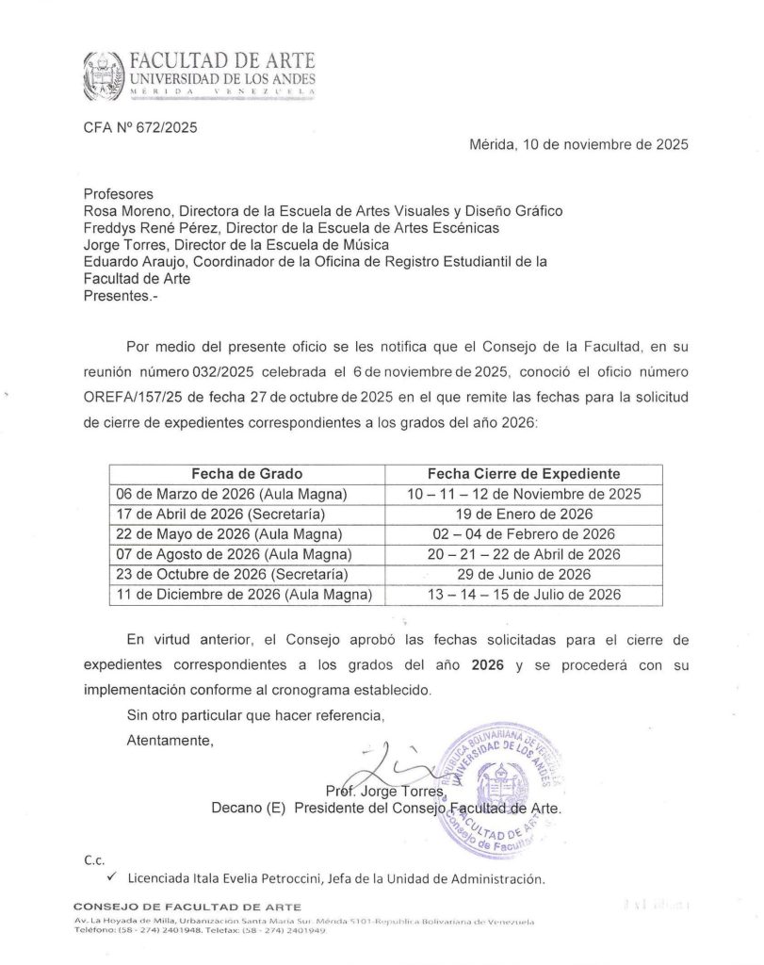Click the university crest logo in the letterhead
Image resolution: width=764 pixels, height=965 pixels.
click(x=105, y=75)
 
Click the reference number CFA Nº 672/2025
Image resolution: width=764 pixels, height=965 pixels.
click(x=141, y=127)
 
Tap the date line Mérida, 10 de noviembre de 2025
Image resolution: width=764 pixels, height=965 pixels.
click(x=578, y=145)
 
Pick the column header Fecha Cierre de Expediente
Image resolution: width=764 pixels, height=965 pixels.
click(x=524, y=474)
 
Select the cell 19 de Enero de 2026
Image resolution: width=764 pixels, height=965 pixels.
click(x=524, y=514)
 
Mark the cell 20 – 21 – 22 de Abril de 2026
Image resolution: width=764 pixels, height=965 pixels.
click(x=524, y=553)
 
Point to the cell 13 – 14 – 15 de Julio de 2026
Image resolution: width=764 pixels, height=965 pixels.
click(x=524, y=594)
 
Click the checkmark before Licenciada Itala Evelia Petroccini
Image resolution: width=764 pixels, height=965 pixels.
click(x=111, y=877)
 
